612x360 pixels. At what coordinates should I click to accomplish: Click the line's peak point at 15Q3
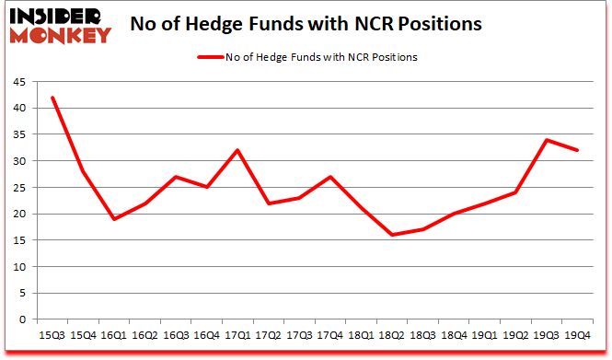[x=52, y=98]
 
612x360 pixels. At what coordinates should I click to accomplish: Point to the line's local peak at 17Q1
[x=238, y=150]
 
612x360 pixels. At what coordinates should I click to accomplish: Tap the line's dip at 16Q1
[x=114, y=219]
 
